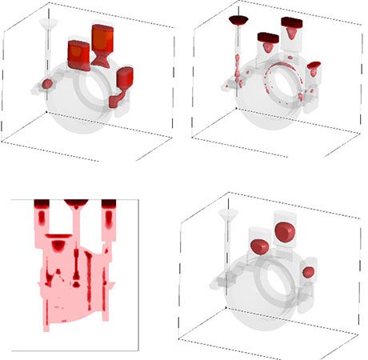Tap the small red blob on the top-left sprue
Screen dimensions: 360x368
coord(46,83)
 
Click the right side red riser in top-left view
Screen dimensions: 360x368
coord(125,79)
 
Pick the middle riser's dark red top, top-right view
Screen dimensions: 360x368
coord(266,36)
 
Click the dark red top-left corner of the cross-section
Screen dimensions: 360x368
coord(41,205)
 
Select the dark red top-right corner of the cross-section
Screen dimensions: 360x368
coord(109,205)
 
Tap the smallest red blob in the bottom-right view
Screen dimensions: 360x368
coord(308,273)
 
